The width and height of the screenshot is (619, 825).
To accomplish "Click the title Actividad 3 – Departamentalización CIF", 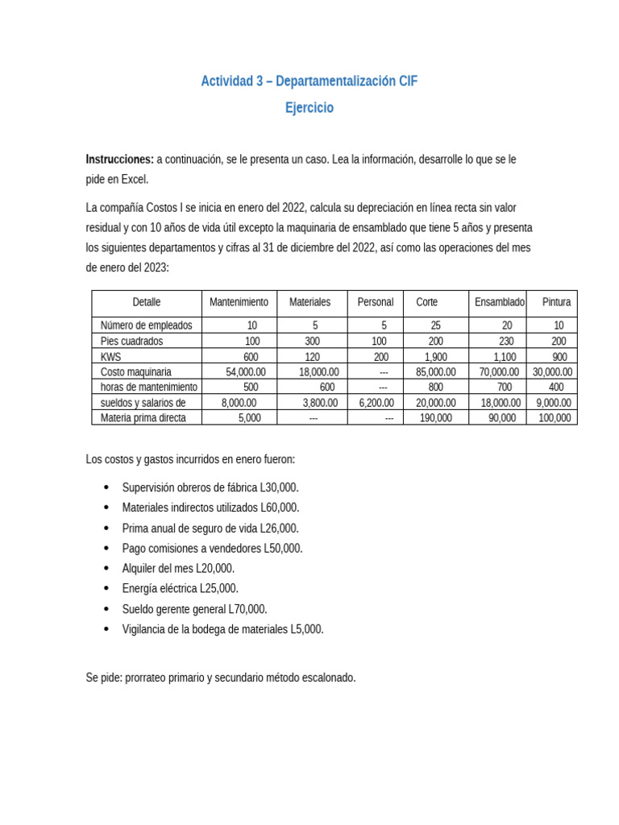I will coord(309,81).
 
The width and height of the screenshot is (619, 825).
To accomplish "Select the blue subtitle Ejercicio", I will coord(309,108).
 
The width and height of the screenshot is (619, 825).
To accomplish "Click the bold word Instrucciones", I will coord(119,160).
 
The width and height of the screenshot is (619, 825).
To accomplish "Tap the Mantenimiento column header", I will coord(239,302).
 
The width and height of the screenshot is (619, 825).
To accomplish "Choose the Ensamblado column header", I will coord(499,302).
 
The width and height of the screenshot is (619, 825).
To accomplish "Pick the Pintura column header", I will coord(556,302).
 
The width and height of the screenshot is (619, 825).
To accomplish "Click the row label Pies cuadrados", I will coord(131,341).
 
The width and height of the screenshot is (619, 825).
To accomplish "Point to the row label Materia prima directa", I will coord(143,418).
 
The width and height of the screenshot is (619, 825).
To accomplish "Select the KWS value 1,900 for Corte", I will coord(435,357).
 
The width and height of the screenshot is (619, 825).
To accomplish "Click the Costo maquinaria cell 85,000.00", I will coord(435,372).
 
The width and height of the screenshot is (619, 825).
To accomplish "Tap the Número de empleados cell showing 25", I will coord(435,325).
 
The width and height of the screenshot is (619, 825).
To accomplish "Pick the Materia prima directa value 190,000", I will coord(435,418).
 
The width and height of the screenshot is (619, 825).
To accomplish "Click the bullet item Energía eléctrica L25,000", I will coord(180,589).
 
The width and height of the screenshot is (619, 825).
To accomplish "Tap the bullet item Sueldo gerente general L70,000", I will coord(194,609).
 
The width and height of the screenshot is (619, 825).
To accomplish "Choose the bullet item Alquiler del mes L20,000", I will coord(178,569).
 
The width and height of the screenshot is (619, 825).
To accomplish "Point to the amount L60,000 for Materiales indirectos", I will coord(280,508).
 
